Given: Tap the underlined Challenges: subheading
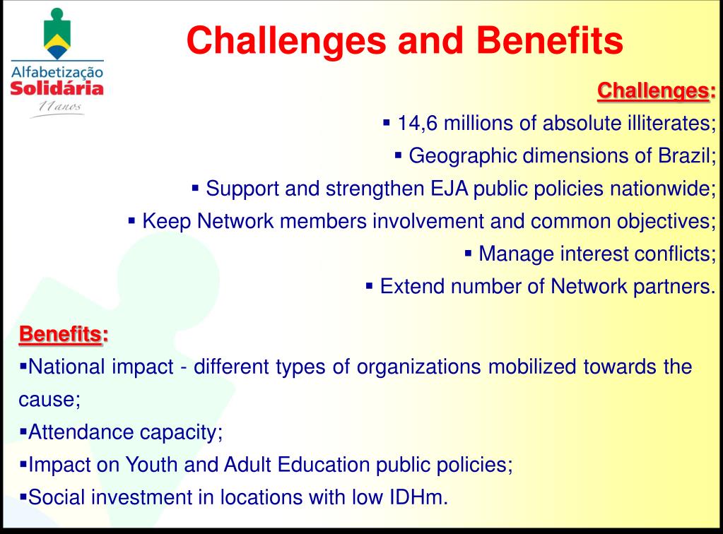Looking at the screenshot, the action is coord(657,91).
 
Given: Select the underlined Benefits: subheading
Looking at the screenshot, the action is coord(64,334).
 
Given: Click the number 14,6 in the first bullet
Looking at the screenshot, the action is coord(417,124).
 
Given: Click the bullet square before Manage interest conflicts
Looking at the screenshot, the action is coord(468,254).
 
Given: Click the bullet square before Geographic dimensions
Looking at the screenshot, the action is coord(399,155).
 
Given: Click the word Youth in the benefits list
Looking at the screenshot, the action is coord(151,465).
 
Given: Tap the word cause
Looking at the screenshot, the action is coord(49,400).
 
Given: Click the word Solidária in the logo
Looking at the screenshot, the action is coord(57,88).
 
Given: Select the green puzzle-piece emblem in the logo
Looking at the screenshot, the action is coord(57,34).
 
